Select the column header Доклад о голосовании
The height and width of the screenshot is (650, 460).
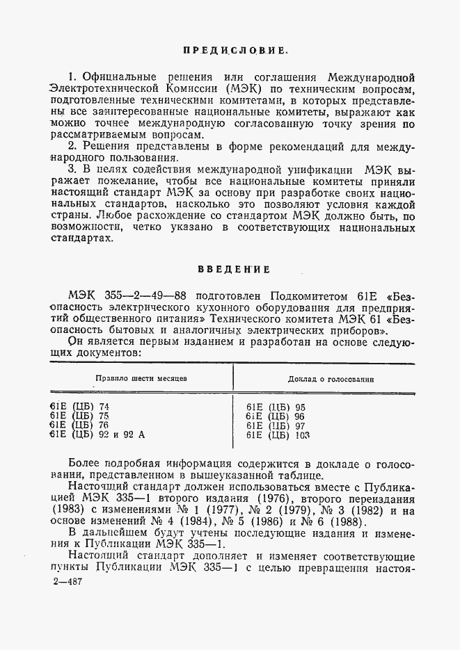(x=331, y=380)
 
